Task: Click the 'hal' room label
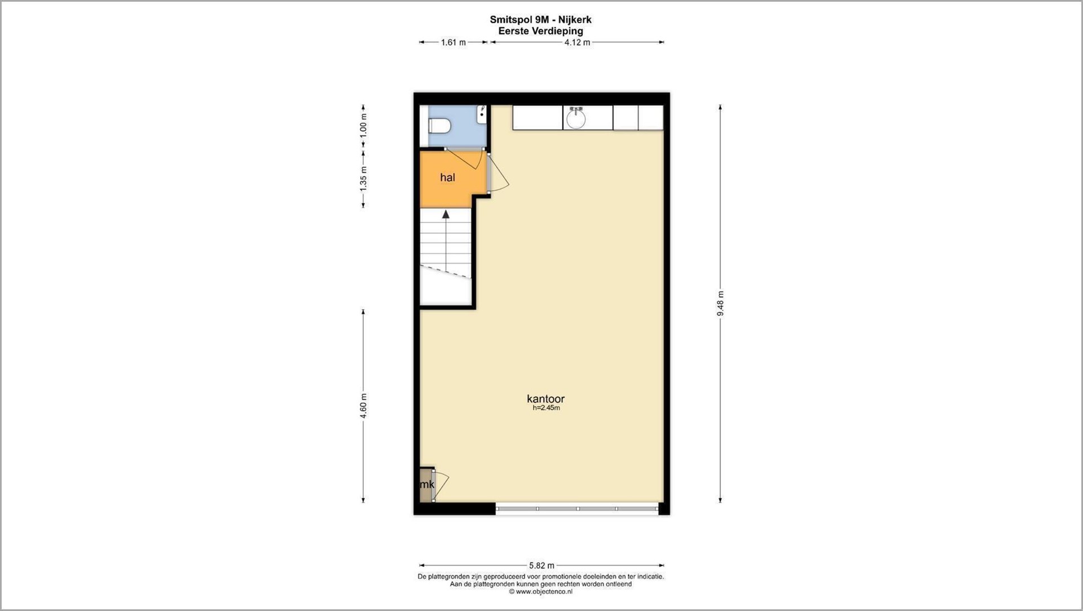click(447, 178)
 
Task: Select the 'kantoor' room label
click(545, 399)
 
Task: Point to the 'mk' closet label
click(427, 485)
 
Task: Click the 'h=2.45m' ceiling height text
click(546, 408)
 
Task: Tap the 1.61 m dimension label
click(454, 42)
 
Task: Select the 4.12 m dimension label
click(577, 42)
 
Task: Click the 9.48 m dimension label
click(720, 304)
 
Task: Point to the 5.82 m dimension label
click(541, 565)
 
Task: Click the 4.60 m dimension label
click(363, 406)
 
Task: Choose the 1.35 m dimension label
click(363, 178)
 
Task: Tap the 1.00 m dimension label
click(363, 125)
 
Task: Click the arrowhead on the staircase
click(446, 214)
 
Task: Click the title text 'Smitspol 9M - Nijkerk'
click(540, 20)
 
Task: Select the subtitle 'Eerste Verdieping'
click(540, 31)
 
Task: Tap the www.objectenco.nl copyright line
click(540, 592)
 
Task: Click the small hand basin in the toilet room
click(482, 115)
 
